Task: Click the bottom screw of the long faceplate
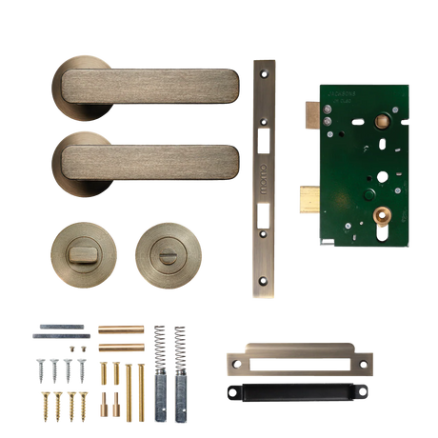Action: (264, 283)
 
